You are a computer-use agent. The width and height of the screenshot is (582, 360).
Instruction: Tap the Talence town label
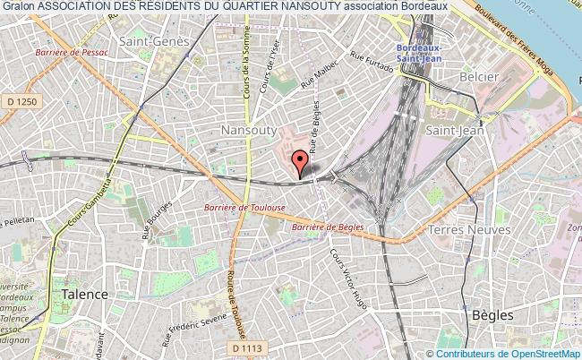pyautogui.click(x=84, y=294)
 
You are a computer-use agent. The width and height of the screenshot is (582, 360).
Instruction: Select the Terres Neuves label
pyautogui.click(x=470, y=230)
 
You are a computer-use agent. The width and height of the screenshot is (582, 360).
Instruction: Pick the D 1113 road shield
pyautogui.click(x=243, y=347)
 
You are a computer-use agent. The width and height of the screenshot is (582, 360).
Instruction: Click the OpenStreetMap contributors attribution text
pyautogui.click(x=507, y=352)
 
